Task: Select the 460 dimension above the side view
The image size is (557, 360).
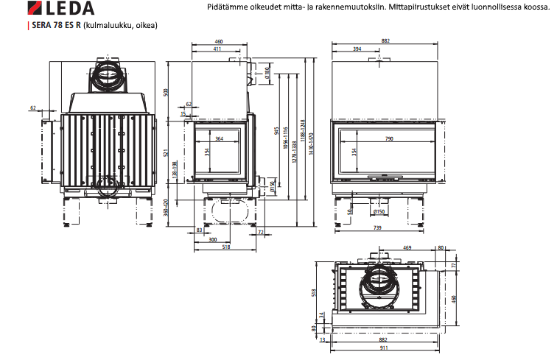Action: tap(219, 42)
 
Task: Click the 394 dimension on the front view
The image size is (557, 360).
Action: tap(357, 49)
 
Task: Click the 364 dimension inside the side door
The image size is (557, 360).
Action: tap(219, 138)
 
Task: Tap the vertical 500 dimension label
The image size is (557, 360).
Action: tap(167, 93)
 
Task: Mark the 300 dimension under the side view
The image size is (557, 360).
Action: tap(213, 241)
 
